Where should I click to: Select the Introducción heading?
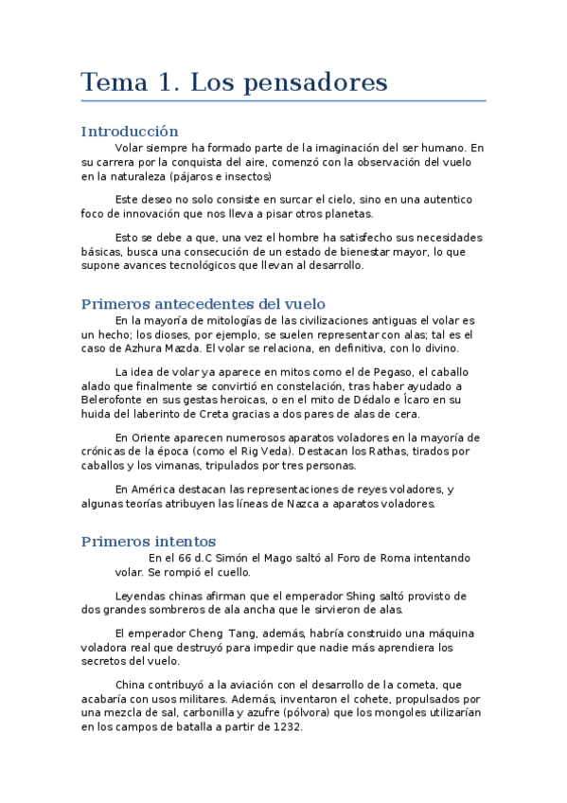tap(130, 132)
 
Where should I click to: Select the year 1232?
tap(285, 726)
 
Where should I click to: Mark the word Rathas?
tap(394, 452)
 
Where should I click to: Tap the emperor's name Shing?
tap(346, 596)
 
